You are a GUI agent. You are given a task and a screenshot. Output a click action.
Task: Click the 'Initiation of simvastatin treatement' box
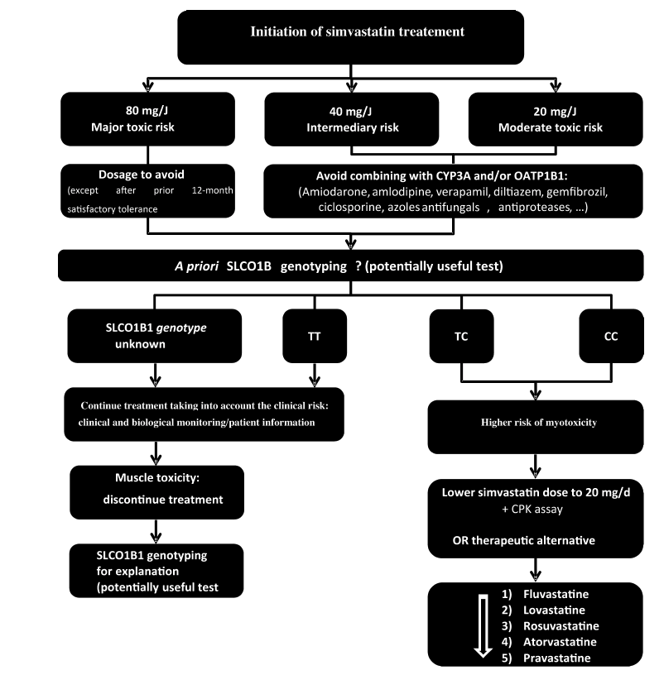click(x=351, y=37)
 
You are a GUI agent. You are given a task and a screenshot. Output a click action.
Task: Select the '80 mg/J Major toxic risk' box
click(x=148, y=119)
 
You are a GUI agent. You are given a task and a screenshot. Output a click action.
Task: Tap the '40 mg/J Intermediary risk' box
click(x=352, y=119)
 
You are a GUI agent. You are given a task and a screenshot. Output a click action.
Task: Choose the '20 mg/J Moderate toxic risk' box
click(x=556, y=119)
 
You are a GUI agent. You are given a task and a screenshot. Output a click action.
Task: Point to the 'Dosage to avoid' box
click(x=148, y=191)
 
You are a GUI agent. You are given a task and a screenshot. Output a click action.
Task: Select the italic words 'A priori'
click(x=197, y=266)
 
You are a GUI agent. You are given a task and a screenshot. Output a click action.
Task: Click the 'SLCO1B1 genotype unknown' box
click(x=155, y=336)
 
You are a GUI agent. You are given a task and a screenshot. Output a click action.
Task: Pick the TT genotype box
click(x=315, y=336)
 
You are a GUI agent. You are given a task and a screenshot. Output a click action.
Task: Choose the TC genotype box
click(x=461, y=336)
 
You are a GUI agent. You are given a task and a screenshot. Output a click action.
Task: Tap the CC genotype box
click(x=612, y=336)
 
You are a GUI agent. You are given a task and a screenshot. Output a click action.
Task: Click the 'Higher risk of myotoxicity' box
click(x=536, y=427)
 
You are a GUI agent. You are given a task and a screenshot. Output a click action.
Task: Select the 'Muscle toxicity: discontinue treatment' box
click(x=156, y=492)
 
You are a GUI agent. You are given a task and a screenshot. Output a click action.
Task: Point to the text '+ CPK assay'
click(x=532, y=510)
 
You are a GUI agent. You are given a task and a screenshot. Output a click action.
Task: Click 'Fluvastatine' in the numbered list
click(x=556, y=594)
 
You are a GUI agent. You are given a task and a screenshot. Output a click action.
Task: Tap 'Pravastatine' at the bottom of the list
click(x=556, y=658)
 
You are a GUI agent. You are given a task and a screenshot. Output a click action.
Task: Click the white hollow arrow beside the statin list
click(x=483, y=626)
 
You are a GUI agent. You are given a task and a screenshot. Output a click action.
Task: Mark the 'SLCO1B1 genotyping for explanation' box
click(x=156, y=571)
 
